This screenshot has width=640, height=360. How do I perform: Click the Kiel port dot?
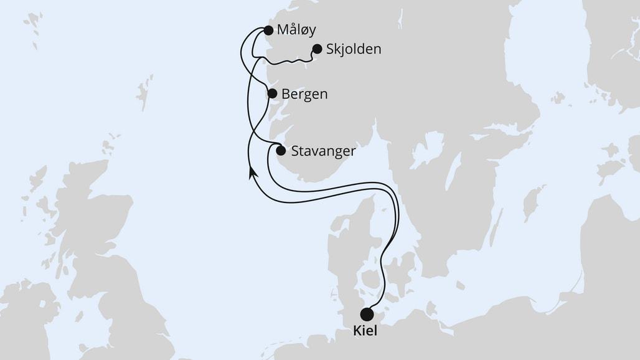click(x=367, y=314)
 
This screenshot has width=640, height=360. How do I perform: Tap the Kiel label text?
click(x=365, y=331)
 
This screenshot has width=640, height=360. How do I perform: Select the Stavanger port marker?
click(x=281, y=150)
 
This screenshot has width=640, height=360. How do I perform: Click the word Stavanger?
click(x=323, y=151)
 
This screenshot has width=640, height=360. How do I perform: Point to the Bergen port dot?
click(x=272, y=94)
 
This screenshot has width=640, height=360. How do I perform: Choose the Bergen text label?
click(x=304, y=95)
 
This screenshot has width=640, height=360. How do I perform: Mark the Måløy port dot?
click(x=268, y=30)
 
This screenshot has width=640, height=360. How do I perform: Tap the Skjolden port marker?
click(x=316, y=49)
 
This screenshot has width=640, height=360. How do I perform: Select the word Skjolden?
click(x=354, y=49)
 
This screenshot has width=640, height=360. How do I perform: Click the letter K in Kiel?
click(x=357, y=331)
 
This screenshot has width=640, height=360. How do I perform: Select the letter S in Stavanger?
click(x=296, y=151)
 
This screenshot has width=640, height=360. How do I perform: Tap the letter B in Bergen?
click(x=286, y=95)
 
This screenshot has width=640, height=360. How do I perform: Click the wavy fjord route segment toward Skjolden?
click(x=286, y=60)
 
